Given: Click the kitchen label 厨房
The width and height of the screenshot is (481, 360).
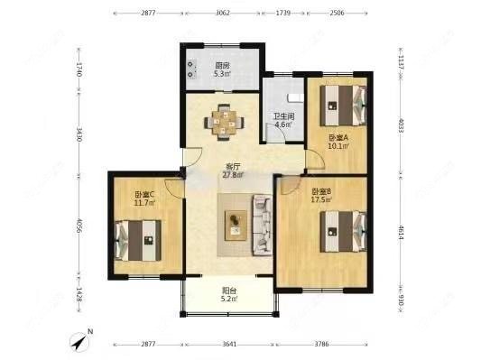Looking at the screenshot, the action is pyautogui.click(x=222, y=66).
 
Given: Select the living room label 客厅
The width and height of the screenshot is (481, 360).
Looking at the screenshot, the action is pyautogui.click(x=233, y=167).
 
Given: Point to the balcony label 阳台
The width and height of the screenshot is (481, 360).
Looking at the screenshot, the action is pyautogui.click(x=229, y=291).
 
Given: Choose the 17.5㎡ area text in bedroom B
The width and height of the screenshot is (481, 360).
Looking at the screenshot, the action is pyautogui.click(x=321, y=199).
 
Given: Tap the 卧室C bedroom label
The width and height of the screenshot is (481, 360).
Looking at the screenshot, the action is pyautogui.click(x=144, y=194).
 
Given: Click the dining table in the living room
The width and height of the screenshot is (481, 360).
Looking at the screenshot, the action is pyautogui.click(x=225, y=123).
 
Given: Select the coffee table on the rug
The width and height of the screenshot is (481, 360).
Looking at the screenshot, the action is pyautogui.click(x=236, y=226).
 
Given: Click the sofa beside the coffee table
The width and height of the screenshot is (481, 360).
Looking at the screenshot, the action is pyautogui.click(x=263, y=225).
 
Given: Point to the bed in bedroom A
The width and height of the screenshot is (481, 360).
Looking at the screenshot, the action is pyautogui.click(x=343, y=106).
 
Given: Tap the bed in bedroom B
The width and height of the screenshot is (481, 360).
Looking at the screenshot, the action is pyautogui.click(x=343, y=232).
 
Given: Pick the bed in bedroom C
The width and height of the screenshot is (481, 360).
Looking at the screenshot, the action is pyautogui.click(x=138, y=240).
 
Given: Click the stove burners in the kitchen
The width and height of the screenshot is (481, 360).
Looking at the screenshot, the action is pyautogui.click(x=191, y=69).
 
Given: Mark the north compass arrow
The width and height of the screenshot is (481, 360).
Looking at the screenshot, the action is pyautogui.click(x=80, y=341).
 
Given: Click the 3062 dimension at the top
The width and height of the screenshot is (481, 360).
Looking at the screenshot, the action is pyautogui.click(x=223, y=13).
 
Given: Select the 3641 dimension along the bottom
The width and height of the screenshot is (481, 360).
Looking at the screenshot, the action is pyautogui.click(x=229, y=344).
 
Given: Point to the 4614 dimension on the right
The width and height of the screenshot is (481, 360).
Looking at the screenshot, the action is pyautogui.click(x=401, y=233).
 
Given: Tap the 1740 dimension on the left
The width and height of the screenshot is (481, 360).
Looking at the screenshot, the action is pyautogui.click(x=79, y=69).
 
